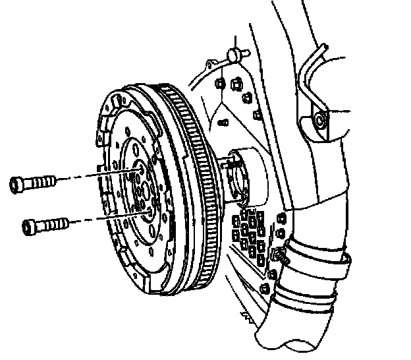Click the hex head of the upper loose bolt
pos(18,184)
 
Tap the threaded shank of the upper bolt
pos(42,181)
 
